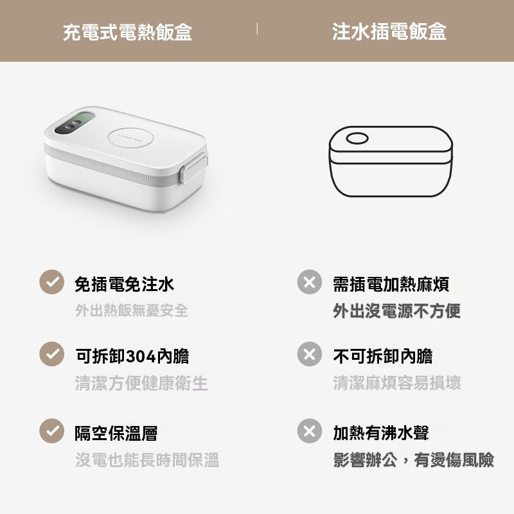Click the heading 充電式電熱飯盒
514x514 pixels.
point(127,32)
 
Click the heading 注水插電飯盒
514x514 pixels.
point(389,31)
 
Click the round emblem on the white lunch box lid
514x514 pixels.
point(130,138)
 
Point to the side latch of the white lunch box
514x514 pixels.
point(193,169)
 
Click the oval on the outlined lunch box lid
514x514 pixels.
point(357,138)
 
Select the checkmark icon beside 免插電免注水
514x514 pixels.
point(52,282)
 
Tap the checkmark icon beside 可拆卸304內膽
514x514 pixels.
point(52,354)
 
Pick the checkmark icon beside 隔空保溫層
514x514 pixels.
point(52,430)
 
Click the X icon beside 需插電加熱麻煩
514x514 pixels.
point(310,282)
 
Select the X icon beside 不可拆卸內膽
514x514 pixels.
point(310,354)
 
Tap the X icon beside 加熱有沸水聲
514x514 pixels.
point(310,430)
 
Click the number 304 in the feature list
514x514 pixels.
point(141,357)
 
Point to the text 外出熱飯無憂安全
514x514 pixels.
point(132,310)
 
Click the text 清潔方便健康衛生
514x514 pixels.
point(141,383)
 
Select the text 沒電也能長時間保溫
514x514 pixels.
point(147,459)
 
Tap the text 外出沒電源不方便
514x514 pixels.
point(396,311)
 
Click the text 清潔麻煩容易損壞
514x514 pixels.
point(397,382)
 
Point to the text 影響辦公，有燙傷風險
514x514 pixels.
point(413,459)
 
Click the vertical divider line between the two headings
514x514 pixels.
point(257,29)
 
